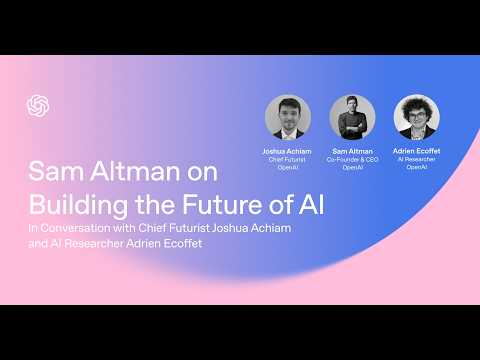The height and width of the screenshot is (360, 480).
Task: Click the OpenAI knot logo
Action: point(38,105)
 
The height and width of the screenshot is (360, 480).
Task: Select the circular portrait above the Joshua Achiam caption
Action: point(288,117)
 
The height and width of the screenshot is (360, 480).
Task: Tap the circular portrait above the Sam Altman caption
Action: point(352,117)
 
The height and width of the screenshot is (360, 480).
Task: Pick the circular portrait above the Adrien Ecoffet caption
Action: point(416,117)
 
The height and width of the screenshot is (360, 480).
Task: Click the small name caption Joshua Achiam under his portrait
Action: point(288,151)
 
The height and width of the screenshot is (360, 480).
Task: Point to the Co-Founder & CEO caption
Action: point(352,159)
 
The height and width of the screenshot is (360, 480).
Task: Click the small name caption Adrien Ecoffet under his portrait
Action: point(416,151)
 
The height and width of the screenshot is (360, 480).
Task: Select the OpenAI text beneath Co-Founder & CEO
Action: point(352,167)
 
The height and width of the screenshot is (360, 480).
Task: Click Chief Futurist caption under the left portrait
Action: point(288,159)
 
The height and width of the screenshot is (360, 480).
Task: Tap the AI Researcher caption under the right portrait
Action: point(416,159)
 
